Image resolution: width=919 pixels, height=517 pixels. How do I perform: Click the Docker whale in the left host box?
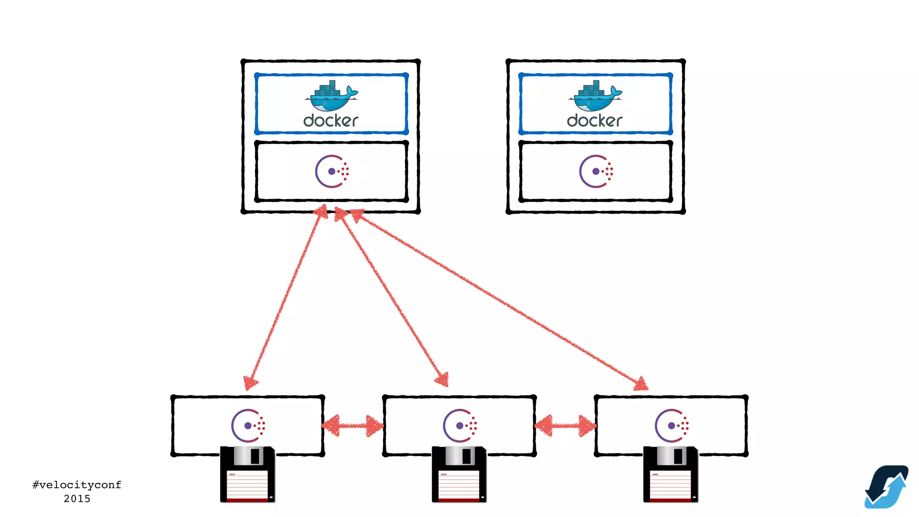click(x=331, y=96)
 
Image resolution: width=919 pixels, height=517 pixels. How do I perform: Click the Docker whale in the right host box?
click(x=595, y=96)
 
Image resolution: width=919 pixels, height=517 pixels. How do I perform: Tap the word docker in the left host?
click(x=331, y=120)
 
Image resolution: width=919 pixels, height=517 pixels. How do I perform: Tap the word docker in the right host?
click(x=595, y=120)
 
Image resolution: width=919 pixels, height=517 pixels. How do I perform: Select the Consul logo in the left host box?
click(x=332, y=171)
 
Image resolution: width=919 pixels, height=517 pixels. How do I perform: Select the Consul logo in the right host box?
click(x=595, y=171)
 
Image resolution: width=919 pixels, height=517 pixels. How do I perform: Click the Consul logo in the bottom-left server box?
click(x=248, y=425)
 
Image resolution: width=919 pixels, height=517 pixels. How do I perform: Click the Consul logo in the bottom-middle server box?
click(x=460, y=425)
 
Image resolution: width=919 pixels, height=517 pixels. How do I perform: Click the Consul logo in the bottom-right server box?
click(x=672, y=425)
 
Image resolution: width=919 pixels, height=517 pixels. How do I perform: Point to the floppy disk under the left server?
click(x=247, y=474)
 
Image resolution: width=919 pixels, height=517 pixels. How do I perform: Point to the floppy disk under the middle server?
click(x=459, y=474)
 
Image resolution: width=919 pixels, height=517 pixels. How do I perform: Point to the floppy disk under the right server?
click(x=670, y=474)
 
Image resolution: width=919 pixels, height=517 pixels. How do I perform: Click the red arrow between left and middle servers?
click(x=353, y=425)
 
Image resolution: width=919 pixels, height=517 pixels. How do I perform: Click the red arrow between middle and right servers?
click(x=565, y=425)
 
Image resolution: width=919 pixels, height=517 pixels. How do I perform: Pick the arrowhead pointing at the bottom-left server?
click(x=250, y=382)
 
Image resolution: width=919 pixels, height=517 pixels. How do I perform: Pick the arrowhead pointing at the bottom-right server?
click(x=640, y=384)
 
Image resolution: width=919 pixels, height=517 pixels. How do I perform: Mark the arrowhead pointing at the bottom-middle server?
click(x=442, y=380)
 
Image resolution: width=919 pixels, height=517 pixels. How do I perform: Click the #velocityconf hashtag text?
click(x=77, y=485)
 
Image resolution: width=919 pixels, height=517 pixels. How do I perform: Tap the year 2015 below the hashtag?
click(x=77, y=499)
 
